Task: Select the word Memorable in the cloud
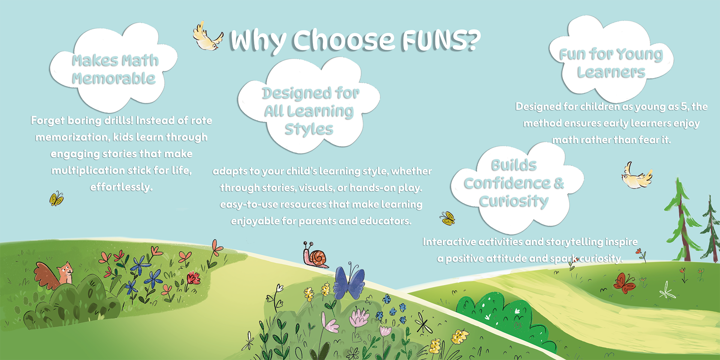click(x=114, y=78)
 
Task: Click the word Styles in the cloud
click(x=309, y=129)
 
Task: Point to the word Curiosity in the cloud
click(x=514, y=201)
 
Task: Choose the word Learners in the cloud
click(x=611, y=72)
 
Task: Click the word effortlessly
click(x=121, y=187)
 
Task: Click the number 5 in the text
click(x=684, y=106)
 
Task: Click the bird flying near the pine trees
click(x=637, y=176)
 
